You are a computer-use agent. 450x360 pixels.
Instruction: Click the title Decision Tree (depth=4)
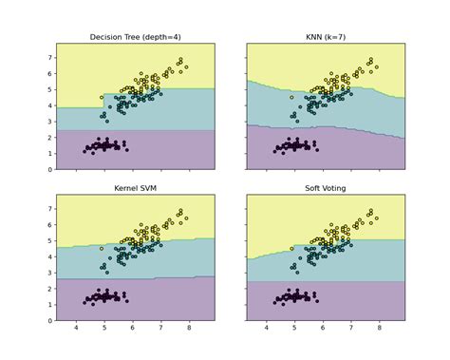(135, 37)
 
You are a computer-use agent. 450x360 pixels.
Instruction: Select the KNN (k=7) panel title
(326, 37)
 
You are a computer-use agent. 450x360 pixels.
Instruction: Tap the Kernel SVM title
(135, 189)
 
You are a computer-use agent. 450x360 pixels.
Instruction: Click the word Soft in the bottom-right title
(309, 189)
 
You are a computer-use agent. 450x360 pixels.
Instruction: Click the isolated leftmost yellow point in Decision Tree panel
(102, 97)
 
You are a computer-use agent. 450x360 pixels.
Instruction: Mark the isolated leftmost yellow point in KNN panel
(292, 97)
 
